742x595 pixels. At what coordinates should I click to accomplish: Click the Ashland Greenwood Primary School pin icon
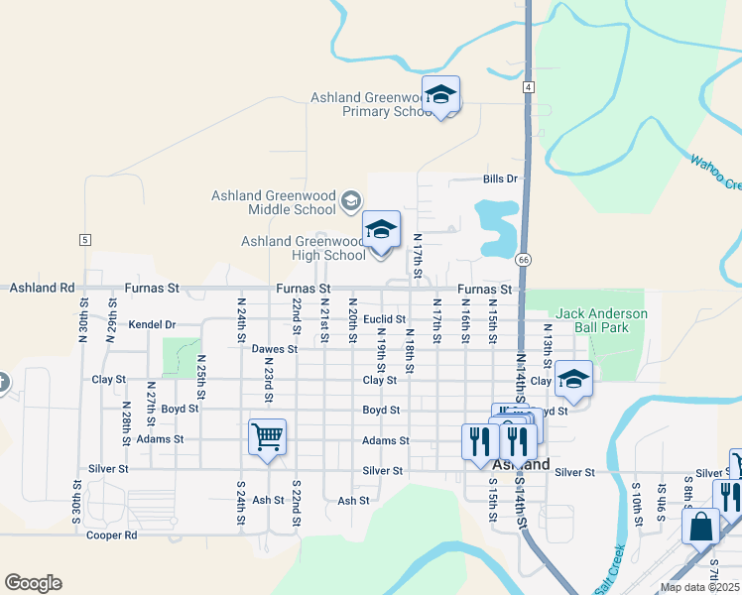tap(440, 95)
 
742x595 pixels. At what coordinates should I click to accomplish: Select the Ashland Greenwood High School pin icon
tap(381, 231)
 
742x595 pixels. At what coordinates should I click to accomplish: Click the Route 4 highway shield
tap(530, 88)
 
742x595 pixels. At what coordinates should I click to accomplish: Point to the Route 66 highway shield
tap(523, 259)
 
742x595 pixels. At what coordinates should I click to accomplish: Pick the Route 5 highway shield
tap(85, 240)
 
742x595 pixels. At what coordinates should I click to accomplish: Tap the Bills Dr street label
tap(501, 179)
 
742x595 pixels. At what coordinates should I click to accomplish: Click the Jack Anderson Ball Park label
tap(601, 320)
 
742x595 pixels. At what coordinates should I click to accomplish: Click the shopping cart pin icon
tap(267, 435)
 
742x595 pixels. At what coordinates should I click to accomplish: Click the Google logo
tap(33, 583)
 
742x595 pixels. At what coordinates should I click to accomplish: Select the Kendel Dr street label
tap(152, 324)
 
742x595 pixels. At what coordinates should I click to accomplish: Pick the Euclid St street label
tap(385, 319)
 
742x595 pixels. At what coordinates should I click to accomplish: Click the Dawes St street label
tap(275, 349)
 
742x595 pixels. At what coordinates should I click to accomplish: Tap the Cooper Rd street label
tap(111, 535)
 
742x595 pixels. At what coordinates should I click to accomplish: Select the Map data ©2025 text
tap(699, 587)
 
